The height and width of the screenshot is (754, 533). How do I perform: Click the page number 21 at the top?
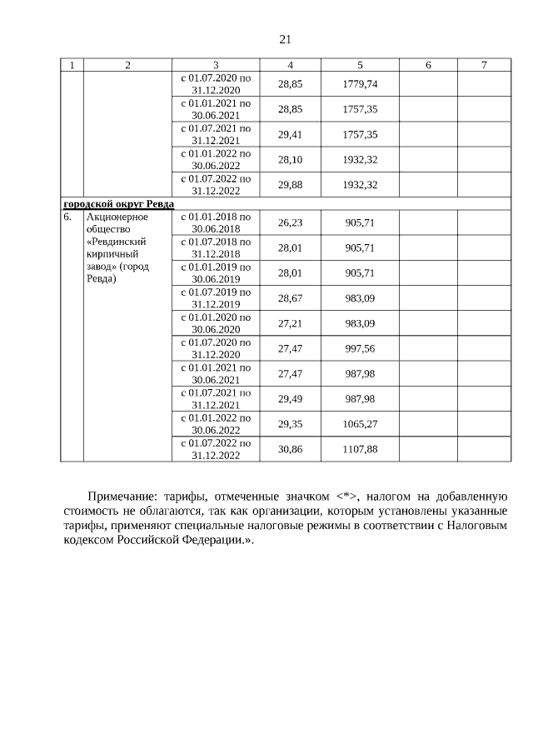click(285, 39)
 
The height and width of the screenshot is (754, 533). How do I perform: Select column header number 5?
click(360, 65)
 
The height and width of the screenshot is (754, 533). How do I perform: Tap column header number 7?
click(484, 65)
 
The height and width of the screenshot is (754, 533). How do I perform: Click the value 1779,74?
click(360, 84)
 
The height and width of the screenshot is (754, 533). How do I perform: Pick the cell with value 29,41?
click(290, 134)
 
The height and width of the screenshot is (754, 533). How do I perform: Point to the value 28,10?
click(290, 159)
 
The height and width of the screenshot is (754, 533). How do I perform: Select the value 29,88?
click(290, 184)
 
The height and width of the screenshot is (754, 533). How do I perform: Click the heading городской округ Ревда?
click(118, 204)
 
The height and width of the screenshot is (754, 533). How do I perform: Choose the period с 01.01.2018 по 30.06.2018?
click(215, 222)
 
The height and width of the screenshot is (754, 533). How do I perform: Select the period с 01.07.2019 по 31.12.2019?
click(215, 297)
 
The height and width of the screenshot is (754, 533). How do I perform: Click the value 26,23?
click(290, 222)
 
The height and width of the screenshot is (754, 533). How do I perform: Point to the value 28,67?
click(290, 297)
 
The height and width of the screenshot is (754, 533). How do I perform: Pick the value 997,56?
click(360, 348)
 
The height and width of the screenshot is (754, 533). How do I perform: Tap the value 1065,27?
click(360, 423)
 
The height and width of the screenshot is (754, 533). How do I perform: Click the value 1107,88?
click(360, 448)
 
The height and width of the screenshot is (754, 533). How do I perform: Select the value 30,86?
click(290, 448)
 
